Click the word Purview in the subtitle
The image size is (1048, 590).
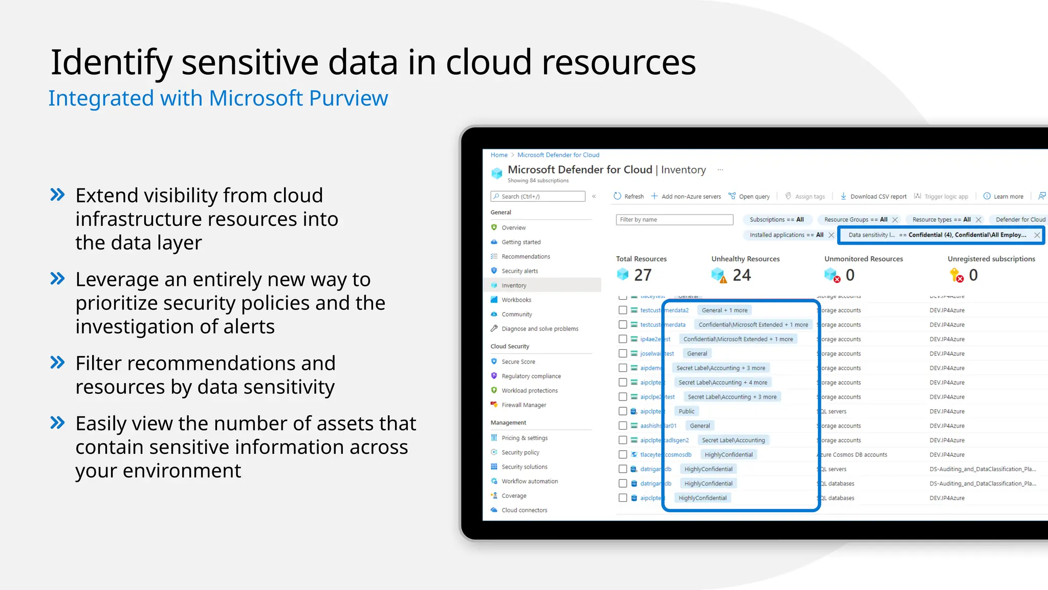point(349,98)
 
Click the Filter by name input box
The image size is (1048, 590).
point(674,220)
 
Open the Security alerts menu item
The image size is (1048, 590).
point(519,271)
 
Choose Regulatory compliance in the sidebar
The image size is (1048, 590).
point(531,376)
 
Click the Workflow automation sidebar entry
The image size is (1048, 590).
point(529,481)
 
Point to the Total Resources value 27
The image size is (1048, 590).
point(643,275)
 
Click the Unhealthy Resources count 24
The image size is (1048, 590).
point(741,275)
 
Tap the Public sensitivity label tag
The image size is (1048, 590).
point(686,411)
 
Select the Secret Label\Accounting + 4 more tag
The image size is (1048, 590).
point(723,383)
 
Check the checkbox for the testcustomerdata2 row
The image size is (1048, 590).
point(623,310)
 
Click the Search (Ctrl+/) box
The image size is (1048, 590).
point(538,196)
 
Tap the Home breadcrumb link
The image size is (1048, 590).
point(499,155)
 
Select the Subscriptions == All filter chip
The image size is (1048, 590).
point(776,220)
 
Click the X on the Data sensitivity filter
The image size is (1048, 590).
point(1037,235)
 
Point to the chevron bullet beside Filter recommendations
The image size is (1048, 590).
point(58,363)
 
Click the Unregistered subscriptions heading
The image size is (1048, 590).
point(991,259)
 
